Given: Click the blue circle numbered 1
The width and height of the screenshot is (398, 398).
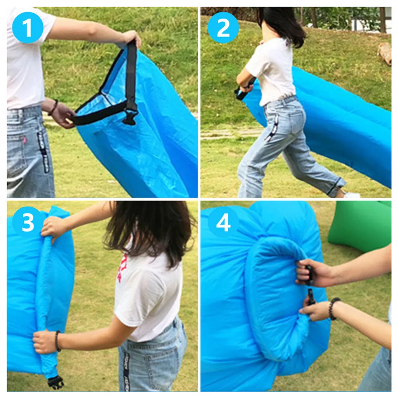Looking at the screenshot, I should (x=28, y=28).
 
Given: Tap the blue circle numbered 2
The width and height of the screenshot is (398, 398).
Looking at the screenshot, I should (x=223, y=28).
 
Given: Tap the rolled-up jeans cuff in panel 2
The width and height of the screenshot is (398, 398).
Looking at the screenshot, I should (x=335, y=187).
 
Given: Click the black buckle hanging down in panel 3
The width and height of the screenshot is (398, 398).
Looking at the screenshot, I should (x=56, y=382).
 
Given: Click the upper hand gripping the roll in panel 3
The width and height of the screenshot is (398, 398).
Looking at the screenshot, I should (x=54, y=226).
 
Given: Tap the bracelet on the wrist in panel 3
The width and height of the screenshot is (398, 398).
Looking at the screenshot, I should (x=58, y=341).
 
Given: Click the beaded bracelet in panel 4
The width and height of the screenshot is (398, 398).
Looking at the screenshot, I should (x=333, y=309).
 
